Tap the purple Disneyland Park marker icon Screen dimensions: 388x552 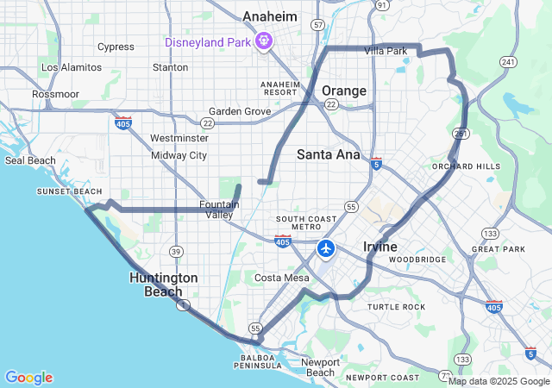(264, 41)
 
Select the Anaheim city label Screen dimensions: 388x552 (270, 16)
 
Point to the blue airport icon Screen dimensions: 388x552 (326, 249)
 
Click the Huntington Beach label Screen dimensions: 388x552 (164, 285)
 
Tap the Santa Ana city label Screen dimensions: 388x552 (328, 154)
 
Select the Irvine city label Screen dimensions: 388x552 (380, 247)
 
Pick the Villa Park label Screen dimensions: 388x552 (386, 51)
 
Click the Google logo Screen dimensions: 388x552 (28, 378)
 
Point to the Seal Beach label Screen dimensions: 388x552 (30, 160)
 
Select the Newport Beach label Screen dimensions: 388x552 (322, 367)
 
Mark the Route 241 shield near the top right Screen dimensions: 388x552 (510, 62)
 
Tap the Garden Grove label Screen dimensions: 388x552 (240, 111)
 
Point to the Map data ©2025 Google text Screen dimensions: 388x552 (499, 381)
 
